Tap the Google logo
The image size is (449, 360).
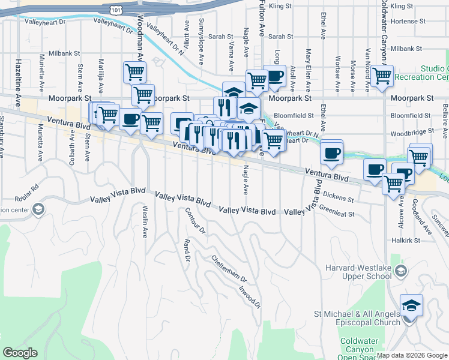[20, 353]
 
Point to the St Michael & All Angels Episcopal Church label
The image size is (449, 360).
[357, 318]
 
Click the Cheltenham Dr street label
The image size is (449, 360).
[228, 269]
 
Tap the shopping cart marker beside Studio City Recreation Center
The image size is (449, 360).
[382, 76]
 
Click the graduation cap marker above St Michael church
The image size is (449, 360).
[411, 305]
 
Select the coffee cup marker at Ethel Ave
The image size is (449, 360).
[331, 152]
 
